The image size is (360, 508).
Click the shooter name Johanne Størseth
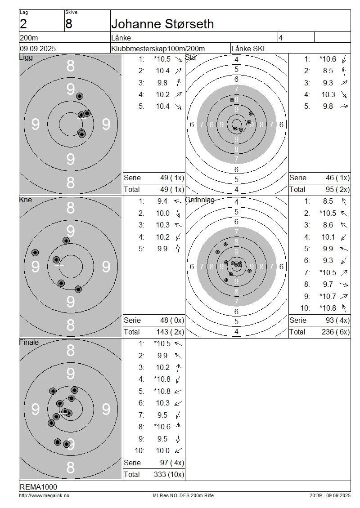(162, 24)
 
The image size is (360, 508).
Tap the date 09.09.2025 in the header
(38, 49)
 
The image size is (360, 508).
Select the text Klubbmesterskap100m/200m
(158, 49)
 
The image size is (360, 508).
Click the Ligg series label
(26, 58)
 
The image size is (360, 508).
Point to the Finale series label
(29, 343)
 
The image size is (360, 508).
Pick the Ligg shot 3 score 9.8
(162, 83)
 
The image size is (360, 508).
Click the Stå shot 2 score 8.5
(328, 71)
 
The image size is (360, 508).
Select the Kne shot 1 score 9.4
(162, 201)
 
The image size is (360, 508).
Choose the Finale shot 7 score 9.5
(162, 415)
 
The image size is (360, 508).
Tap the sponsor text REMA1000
(38, 487)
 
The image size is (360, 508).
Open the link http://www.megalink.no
(44, 495)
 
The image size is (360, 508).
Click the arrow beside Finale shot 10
(178, 450)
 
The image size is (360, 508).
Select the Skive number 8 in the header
(69, 24)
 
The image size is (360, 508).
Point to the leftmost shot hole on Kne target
(35, 253)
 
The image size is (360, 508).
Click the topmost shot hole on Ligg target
(80, 96)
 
